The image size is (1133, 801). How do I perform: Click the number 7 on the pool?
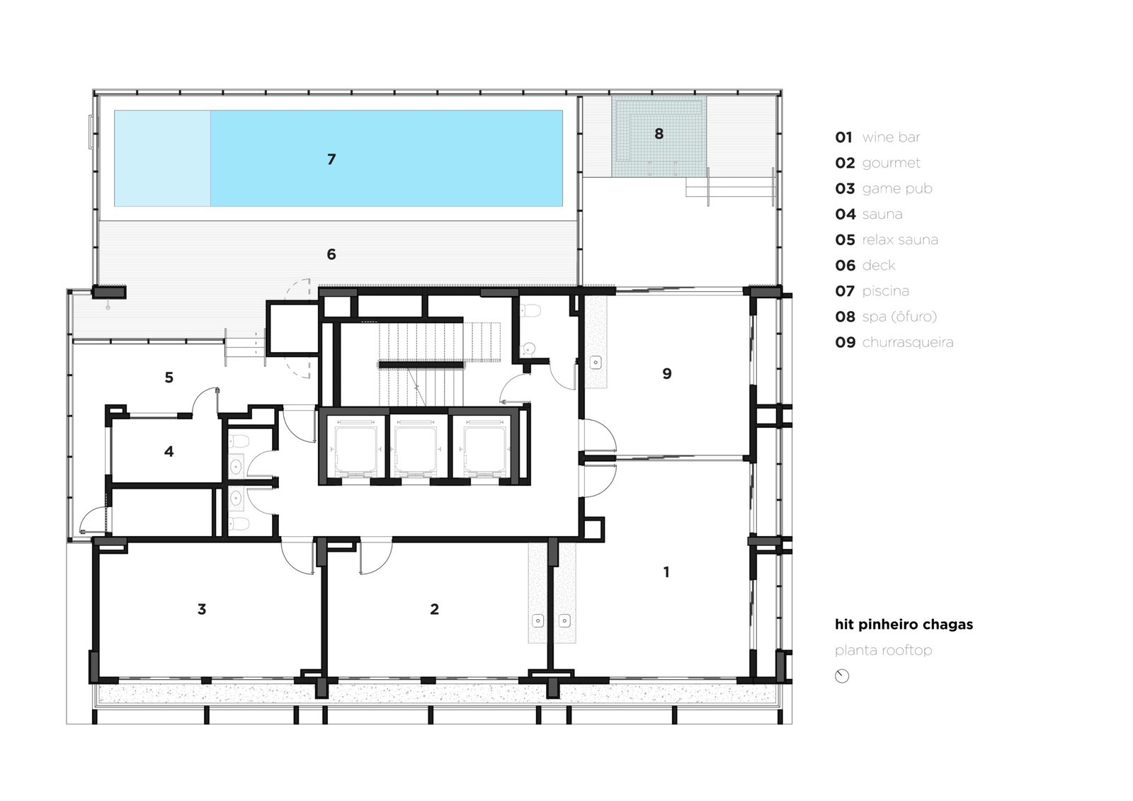click(331, 159)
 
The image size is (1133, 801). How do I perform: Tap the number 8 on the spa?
click(659, 134)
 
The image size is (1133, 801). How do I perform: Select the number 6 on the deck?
click(331, 254)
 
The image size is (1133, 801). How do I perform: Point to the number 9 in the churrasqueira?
click(666, 373)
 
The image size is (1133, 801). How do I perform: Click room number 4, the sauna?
click(169, 451)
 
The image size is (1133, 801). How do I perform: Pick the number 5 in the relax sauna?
click(169, 377)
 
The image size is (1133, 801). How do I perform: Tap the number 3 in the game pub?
click(202, 609)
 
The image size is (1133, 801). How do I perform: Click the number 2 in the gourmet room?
click(435, 609)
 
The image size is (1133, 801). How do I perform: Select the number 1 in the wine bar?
click(666, 572)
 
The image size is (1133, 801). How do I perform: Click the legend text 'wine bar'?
click(891, 137)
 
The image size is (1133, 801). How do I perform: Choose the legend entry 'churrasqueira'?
click(907, 343)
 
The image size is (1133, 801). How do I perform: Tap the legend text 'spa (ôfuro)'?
click(899, 317)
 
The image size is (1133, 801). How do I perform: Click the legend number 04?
click(846, 215)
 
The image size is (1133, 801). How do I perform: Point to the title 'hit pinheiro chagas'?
click(904, 625)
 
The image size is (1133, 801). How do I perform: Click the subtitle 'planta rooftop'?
click(883, 650)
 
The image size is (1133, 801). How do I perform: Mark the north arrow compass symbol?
click(842, 676)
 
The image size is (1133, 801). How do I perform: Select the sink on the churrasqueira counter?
click(596, 363)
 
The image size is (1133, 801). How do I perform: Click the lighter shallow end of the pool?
click(162, 159)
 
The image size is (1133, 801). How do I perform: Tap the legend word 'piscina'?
click(885, 291)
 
